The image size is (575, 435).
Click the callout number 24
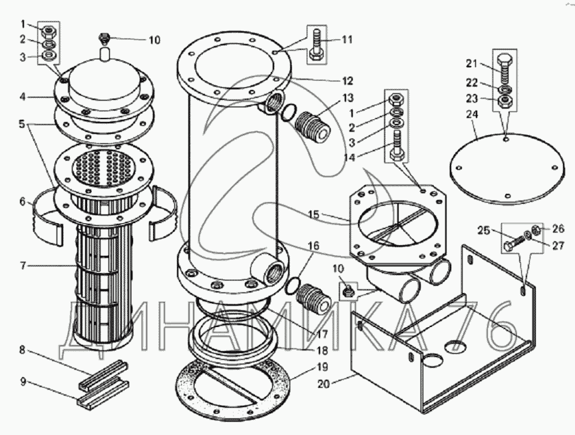(473, 115)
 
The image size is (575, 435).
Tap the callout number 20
(324, 384)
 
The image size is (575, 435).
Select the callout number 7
(23, 265)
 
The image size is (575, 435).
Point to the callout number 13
(348, 98)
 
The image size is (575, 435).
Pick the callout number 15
(313, 215)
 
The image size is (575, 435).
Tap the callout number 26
(558, 228)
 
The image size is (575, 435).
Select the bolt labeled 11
(317, 46)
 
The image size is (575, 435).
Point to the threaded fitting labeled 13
(312, 127)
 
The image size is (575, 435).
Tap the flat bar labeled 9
(103, 394)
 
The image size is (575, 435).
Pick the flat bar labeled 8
(104, 375)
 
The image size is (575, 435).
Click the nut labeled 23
(505, 101)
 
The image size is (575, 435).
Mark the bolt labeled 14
(397, 145)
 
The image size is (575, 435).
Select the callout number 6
(23, 202)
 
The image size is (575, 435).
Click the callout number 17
(322, 335)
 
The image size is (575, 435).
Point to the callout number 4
(23, 97)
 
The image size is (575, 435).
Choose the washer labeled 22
(505, 90)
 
